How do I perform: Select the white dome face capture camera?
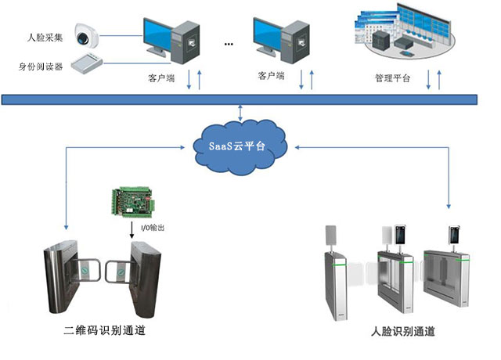click(x=84, y=35)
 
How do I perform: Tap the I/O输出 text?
click(x=152, y=228)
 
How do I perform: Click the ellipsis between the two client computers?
click(x=229, y=44)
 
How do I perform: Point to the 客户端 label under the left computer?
click(x=161, y=77)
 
